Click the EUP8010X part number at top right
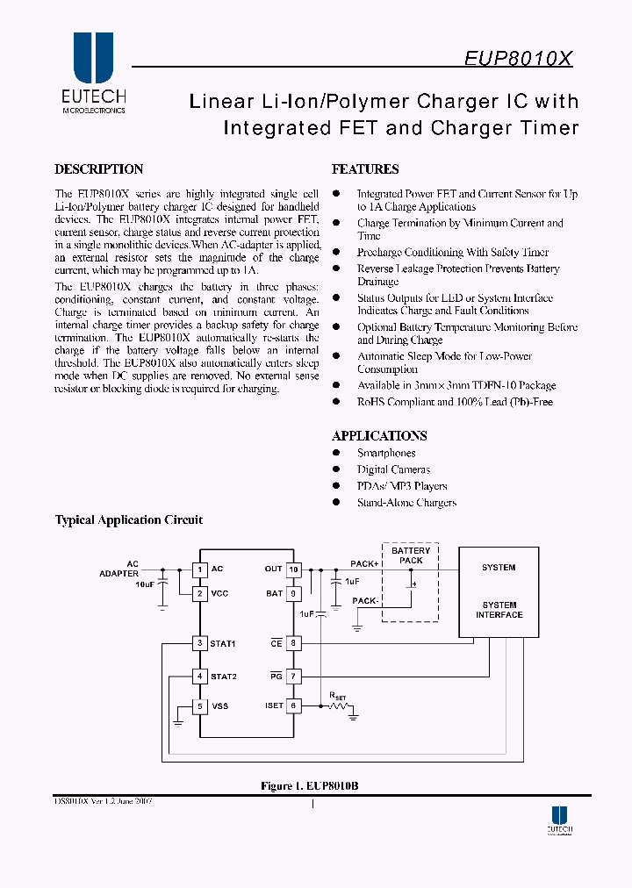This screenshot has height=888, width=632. pyautogui.click(x=518, y=59)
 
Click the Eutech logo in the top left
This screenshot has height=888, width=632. pyautogui.click(x=93, y=74)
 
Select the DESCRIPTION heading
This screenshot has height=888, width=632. pyautogui.click(x=98, y=169)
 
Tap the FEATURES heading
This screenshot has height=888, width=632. pyautogui.click(x=365, y=169)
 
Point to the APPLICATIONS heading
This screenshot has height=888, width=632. pyautogui.click(x=379, y=435)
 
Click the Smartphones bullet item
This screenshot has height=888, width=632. pyautogui.click(x=386, y=453)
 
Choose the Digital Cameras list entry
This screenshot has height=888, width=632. pyautogui.click(x=393, y=469)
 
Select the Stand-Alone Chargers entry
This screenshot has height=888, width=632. pyautogui.click(x=406, y=503)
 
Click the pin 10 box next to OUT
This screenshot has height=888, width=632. pyautogui.click(x=294, y=569)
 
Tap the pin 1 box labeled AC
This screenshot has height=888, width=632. pyautogui.click(x=199, y=569)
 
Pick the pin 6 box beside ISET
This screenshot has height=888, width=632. pyautogui.click(x=294, y=705)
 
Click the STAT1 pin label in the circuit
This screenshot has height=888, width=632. pyautogui.click(x=223, y=643)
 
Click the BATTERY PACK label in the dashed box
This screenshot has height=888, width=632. pyautogui.click(x=411, y=555)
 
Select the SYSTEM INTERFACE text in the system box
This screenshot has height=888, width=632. pyautogui.click(x=499, y=610)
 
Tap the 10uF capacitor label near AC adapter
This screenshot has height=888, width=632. pyautogui.click(x=145, y=584)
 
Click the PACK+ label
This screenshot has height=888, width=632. pyautogui.click(x=364, y=564)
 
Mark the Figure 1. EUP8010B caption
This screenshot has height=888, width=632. pyautogui.click(x=309, y=786)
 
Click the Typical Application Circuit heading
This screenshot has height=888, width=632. pyautogui.click(x=129, y=519)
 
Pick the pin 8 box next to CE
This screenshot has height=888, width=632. pyautogui.click(x=294, y=643)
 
